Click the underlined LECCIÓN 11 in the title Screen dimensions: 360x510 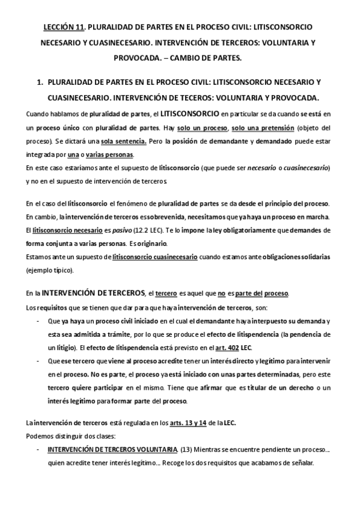[66, 28]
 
